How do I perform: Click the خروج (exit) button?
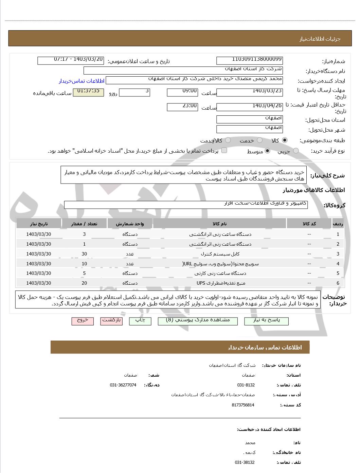tap(83, 321)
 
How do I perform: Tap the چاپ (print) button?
tap(140, 321)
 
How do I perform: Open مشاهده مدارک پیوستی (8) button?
tap(198, 321)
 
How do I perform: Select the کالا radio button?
tap(285, 140)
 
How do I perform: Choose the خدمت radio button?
tap(259, 140)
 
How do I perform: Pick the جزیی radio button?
tap(296, 151)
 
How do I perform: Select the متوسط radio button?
tap(268, 151)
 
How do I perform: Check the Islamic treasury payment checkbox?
tap(224, 150)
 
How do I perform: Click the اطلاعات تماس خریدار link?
tap(81, 81)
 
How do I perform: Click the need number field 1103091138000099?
tap(249, 60)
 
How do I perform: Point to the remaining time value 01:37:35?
tap(88, 92)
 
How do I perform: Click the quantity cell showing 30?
tap(84, 254)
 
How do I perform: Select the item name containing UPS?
tap(221, 283)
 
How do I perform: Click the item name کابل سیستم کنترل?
tap(225, 254)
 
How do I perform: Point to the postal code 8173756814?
tap(243, 405)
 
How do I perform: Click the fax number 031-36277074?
tap(123, 385)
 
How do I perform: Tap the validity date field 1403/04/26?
tap(249, 107)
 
